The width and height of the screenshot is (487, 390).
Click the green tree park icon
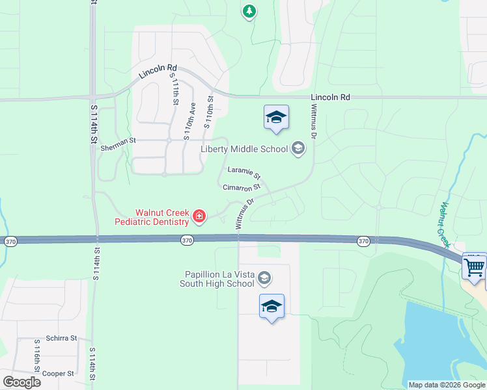coord(249,11)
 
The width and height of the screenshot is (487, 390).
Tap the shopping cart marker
coord(475,266)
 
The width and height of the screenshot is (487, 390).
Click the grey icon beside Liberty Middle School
coord(298,149)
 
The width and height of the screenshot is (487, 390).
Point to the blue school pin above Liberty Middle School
coord(276,118)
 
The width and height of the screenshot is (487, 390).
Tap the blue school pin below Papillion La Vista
coord(271,307)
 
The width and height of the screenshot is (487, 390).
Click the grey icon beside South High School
coord(264,279)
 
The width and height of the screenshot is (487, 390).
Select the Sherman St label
coord(118,149)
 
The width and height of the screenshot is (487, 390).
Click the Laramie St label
coord(244,173)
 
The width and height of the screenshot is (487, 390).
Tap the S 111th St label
coord(175,89)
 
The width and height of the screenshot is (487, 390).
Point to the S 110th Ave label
coord(189,121)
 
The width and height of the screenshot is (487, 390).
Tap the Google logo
coord(21,382)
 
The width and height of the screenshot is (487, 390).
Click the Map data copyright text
coord(447,385)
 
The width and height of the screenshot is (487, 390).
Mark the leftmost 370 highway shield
coord(10,242)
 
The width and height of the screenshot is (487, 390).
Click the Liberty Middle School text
coord(244,149)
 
